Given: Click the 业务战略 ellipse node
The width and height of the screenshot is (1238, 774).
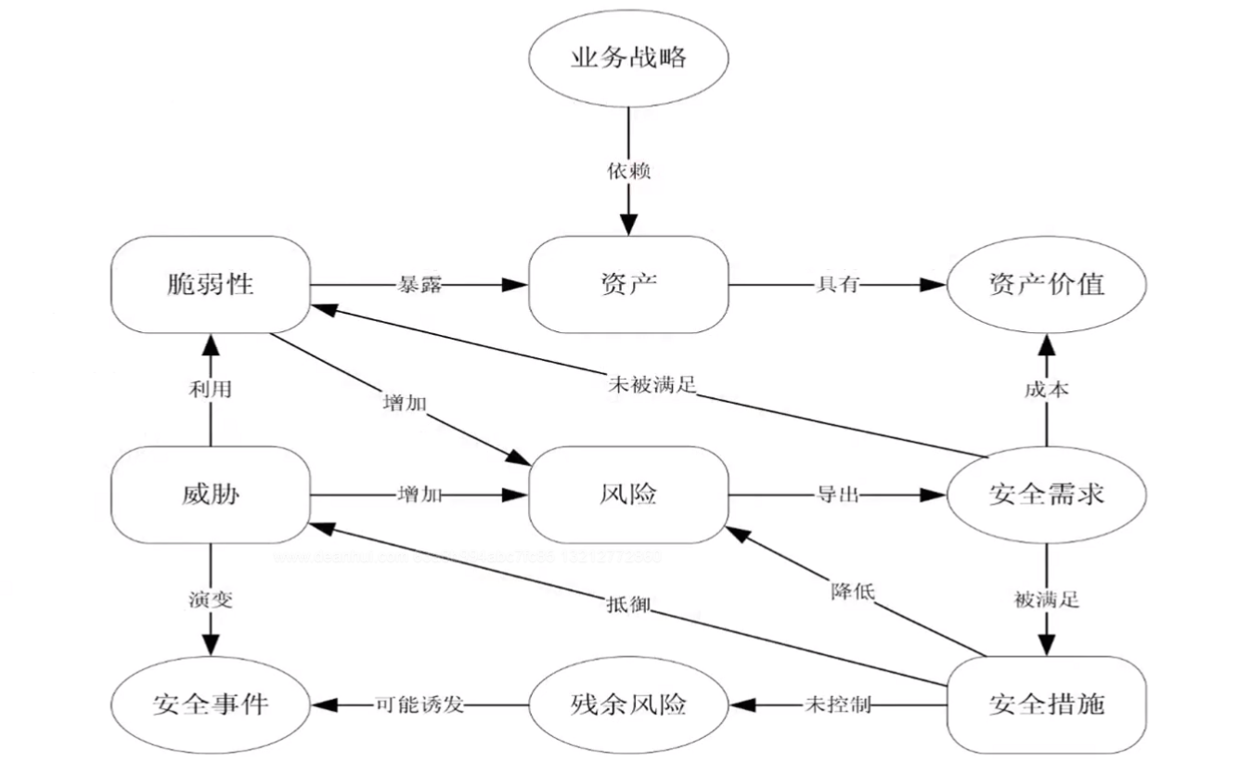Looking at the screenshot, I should tap(628, 58).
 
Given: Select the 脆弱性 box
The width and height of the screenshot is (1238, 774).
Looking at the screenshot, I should tap(210, 284).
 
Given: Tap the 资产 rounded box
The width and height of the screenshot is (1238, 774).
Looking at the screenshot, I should tap(628, 284).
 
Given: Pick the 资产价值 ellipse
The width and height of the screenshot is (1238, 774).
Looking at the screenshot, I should tap(1046, 284).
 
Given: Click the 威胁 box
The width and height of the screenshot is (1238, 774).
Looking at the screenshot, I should tap(210, 495).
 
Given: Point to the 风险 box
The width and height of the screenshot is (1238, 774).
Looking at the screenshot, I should tap(628, 495).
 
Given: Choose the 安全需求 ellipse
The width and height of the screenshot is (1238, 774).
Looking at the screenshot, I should tap(1046, 495).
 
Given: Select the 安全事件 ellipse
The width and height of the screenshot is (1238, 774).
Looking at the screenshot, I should tap(210, 704).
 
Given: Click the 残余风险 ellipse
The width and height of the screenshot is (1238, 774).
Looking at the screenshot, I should tap(628, 704).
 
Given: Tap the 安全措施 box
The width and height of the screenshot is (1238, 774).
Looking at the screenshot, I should tap(1046, 704).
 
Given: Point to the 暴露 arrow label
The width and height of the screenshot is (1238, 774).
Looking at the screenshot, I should tap(419, 286).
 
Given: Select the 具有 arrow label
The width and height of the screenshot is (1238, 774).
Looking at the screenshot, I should tap(837, 286).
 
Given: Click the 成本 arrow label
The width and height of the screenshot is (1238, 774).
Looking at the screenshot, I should tap(1047, 389).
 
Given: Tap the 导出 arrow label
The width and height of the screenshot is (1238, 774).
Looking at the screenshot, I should tap(837, 496).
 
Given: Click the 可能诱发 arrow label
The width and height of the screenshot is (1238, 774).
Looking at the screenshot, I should tap(419, 705).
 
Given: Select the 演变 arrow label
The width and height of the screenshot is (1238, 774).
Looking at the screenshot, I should tap(211, 600).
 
